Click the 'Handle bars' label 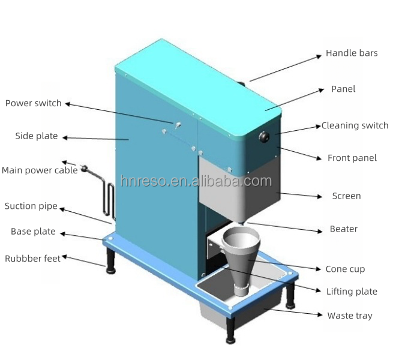coord(351,53)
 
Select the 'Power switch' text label coord(33,103)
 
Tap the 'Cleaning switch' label coord(355,126)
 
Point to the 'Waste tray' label coord(349,316)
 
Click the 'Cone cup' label coord(344,269)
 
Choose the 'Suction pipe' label coord(31,206)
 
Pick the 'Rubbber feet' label coord(32,259)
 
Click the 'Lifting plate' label coord(352,292)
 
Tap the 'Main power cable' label coord(39,170)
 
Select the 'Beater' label coord(343,229)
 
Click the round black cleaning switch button coord(263,137)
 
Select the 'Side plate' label coord(36,136)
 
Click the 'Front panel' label coord(352,158)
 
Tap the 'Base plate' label coord(32,232)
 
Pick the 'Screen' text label coord(346,196)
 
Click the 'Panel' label coord(343,89)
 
